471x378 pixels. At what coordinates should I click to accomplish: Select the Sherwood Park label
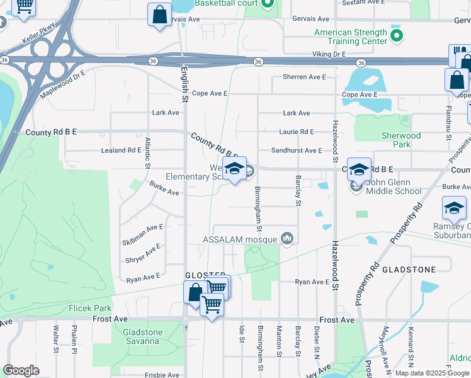click(x=401, y=140)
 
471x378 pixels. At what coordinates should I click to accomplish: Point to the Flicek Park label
click(x=90, y=309)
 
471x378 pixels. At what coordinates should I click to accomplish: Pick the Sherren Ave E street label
click(x=305, y=77)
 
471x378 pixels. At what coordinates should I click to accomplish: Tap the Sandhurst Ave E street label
click(x=297, y=151)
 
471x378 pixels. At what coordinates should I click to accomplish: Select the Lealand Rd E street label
click(x=122, y=151)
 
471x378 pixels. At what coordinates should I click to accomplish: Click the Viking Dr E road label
click(x=331, y=55)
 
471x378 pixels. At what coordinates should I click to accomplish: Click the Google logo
click(x=21, y=370)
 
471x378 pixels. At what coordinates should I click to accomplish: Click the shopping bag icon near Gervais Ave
click(x=159, y=14)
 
